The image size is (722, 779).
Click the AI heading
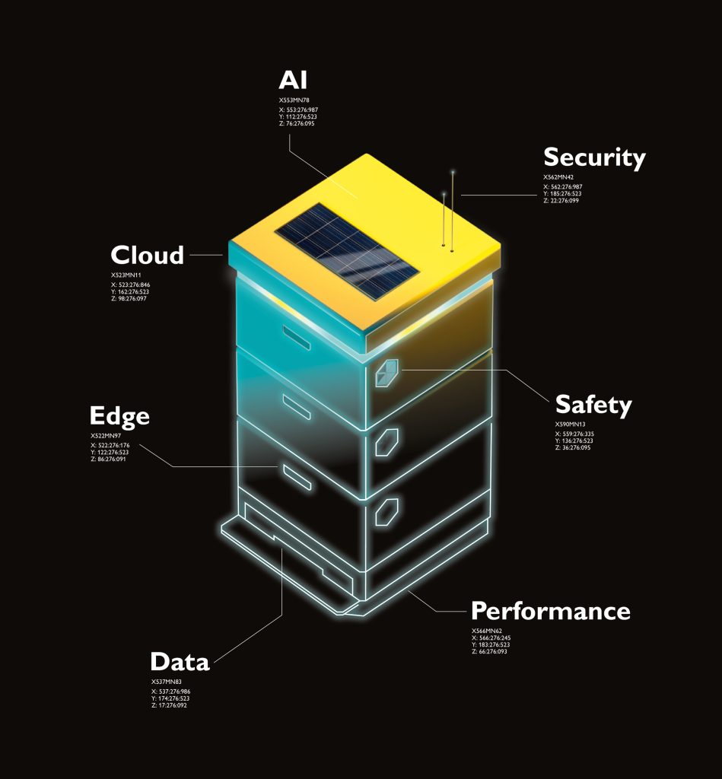click(294, 80)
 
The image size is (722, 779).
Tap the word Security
click(594, 157)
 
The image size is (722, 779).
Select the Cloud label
click(148, 255)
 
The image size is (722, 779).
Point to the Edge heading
click(119, 416)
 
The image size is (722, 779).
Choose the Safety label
click(593, 405)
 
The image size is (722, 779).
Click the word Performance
click(551, 611)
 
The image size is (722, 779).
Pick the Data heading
click(180, 661)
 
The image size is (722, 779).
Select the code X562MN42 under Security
click(558, 177)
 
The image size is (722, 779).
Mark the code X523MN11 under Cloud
click(126, 274)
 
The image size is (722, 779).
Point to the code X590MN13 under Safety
click(571, 424)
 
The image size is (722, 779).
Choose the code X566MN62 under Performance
click(487, 631)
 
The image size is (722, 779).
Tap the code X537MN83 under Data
click(166, 681)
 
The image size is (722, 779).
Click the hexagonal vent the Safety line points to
click(386, 373)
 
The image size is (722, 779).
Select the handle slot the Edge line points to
click(293, 475)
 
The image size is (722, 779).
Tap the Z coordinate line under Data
click(169, 705)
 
